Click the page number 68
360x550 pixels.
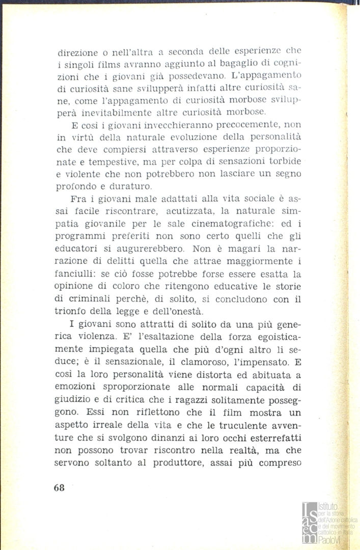(59, 486)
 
